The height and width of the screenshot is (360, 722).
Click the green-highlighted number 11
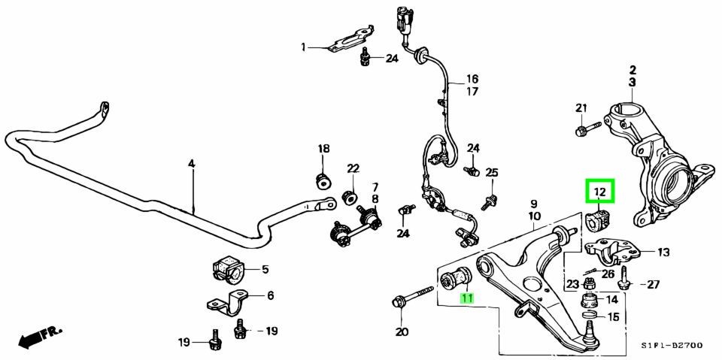click(x=467, y=298)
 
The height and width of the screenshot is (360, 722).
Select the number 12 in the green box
click(x=599, y=193)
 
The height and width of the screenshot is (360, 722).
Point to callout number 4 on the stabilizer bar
click(x=191, y=163)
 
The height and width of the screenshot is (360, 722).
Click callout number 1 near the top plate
click(x=305, y=47)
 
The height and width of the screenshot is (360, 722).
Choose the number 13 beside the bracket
click(x=663, y=253)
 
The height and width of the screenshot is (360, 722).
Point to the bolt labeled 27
click(x=623, y=283)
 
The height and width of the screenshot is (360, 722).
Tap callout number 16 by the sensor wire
click(x=472, y=79)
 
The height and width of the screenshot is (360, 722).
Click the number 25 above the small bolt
click(x=491, y=173)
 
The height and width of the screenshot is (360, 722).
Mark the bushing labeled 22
click(x=349, y=197)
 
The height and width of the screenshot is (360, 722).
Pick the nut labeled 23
click(x=590, y=284)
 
